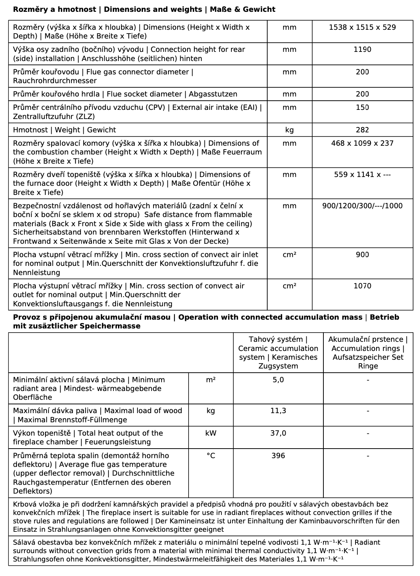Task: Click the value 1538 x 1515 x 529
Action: (362, 27)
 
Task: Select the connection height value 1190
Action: (362, 50)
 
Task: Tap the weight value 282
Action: (362, 130)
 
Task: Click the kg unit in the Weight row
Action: (289, 130)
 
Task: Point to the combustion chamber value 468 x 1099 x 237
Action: (362, 143)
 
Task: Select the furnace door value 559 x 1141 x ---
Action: (362, 175)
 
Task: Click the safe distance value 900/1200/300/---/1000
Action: (362, 206)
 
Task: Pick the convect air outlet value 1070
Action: (362, 286)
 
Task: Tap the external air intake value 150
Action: (362, 108)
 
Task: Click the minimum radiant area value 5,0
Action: (278, 380)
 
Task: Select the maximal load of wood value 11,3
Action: (278, 411)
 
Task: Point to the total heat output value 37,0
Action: (278, 433)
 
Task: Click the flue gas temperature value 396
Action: (278, 456)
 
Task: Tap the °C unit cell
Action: (211, 456)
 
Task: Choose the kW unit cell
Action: (211, 433)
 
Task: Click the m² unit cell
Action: (211, 380)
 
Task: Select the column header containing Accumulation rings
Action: (368, 353)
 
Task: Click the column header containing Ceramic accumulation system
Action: (278, 353)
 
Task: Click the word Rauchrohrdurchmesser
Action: (55, 81)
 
